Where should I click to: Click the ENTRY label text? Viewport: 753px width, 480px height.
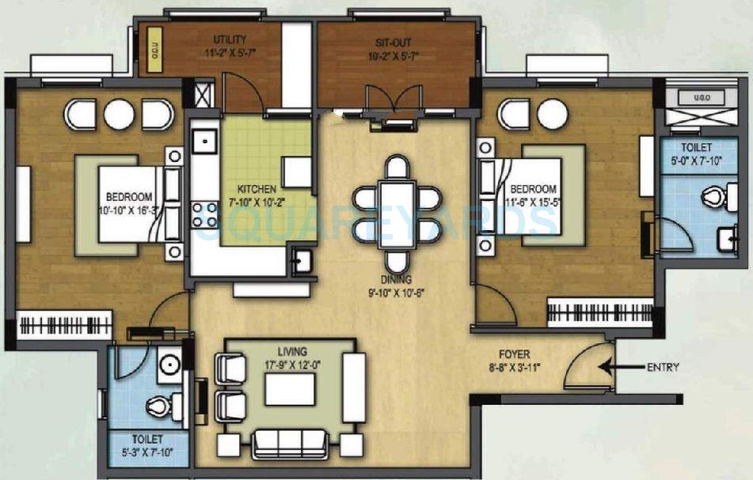(663, 367)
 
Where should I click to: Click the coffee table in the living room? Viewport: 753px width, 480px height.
(289, 389)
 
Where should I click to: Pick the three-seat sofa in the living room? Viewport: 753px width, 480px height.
(289, 444)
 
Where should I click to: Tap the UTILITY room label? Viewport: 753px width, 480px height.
(230, 39)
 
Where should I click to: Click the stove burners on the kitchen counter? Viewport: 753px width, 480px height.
(204, 214)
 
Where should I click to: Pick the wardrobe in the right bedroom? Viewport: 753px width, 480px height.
(599, 312)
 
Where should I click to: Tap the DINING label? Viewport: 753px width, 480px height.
(397, 279)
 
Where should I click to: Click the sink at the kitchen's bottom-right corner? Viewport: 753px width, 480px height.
(301, 262)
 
